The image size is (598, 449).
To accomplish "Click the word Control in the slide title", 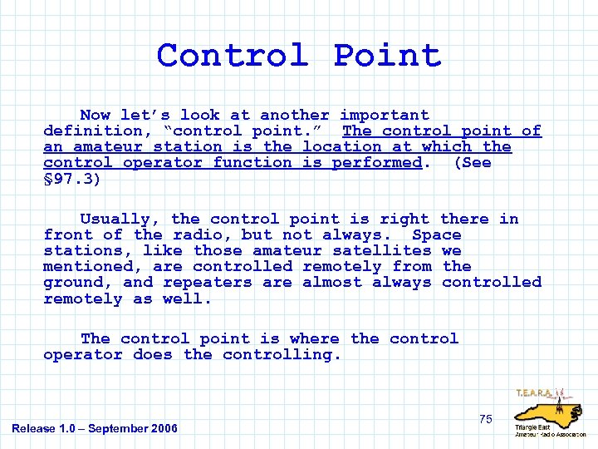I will pos(233,56).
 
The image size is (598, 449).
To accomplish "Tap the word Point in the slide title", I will pos(387,56).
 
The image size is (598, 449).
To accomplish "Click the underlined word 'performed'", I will pos(377,162).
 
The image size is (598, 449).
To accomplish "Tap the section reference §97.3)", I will pos(73,178).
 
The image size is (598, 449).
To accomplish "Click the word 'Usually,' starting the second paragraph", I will pos(120,219).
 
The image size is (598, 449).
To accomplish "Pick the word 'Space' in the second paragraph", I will pos(436,234).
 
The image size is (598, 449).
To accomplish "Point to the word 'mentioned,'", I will pos(93,266).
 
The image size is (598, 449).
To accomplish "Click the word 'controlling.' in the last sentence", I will pos(282,354).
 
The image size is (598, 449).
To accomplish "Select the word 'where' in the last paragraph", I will pos(314,338).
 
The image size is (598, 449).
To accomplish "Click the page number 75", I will pos(486,419).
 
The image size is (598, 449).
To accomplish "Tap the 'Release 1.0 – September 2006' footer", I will pos(95,428).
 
